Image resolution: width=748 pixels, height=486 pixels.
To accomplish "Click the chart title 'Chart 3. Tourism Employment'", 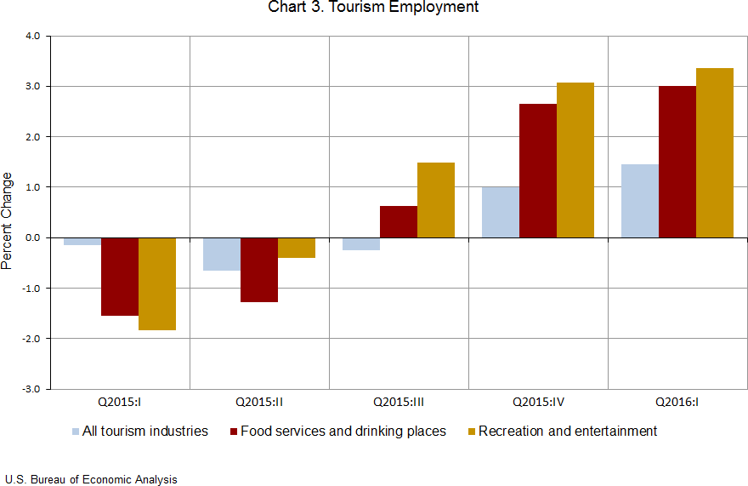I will [373, 8].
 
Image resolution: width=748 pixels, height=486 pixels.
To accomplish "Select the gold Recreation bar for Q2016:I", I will [714, 152].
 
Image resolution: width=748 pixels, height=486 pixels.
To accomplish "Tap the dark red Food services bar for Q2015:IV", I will [538, 170].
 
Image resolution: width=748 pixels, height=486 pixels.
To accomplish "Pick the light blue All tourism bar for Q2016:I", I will [639, 201].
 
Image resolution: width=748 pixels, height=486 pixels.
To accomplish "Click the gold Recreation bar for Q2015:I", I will [157, 283].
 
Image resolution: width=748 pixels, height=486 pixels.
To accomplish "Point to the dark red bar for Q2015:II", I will [259, 270].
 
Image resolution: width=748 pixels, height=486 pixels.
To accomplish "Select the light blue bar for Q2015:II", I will [222, 254].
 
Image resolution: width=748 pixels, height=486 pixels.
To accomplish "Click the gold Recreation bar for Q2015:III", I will [436, 200].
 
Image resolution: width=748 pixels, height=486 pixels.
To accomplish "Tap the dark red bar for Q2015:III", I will [399, 221].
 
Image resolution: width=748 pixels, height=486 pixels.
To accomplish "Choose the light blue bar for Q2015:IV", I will [501, 212].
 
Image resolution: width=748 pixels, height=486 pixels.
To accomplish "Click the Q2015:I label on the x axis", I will [120, 400].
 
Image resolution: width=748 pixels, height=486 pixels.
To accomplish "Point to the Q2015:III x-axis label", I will [399, 400].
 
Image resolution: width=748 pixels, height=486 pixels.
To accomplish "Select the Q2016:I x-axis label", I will [677, 400].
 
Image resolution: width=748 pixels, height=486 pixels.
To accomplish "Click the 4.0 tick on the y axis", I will [33, 37].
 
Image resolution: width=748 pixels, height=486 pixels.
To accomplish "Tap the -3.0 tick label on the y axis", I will [31, 389].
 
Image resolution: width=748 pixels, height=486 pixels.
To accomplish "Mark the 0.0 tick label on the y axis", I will [33, 237].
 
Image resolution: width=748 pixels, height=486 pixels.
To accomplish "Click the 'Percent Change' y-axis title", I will [8, 220].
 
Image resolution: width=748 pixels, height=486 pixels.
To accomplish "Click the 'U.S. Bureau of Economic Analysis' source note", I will [91, 480].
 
